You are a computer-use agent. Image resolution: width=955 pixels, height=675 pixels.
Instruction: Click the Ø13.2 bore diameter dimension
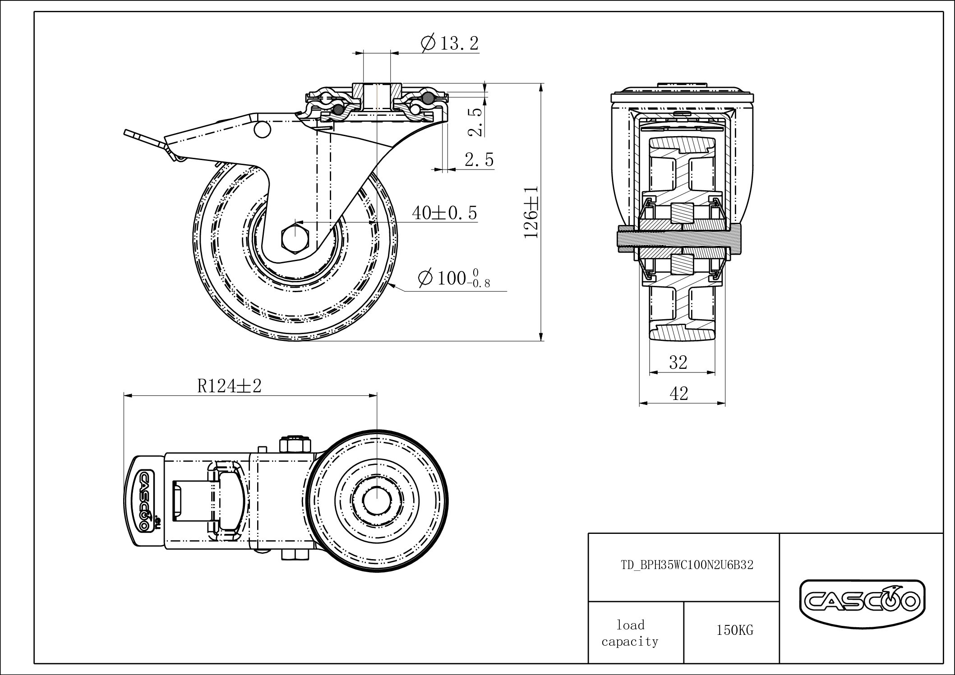[x=449, y=44]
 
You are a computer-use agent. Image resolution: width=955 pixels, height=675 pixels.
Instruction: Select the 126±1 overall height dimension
[x=532, y=212]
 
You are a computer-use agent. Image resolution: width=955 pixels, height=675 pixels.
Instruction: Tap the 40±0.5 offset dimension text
[x=444, y=213]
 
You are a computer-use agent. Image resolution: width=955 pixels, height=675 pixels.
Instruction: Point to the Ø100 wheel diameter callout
[x=453, y=278]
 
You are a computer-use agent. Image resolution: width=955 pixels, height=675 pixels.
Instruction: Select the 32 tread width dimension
[x=678, y=362]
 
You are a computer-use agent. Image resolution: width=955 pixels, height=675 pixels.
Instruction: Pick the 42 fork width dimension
[x=679, y=394]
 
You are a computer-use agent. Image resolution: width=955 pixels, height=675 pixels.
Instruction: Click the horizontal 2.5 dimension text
[x=479, y=160]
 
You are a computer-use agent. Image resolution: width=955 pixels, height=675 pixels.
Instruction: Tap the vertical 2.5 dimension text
[x=476, y=122]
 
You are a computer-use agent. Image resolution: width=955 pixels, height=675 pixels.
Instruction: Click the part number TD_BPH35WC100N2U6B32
[x=687, y=565]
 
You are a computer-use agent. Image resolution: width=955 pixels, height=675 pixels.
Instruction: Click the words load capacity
[x=630, y=633]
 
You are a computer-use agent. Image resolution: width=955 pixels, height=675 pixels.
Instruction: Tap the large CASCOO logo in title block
[x=862, y=601]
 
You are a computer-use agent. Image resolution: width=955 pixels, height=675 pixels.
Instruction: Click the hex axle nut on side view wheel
[x=294, y=236]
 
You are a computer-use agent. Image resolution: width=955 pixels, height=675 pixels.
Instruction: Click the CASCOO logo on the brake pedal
[x=144, y=501]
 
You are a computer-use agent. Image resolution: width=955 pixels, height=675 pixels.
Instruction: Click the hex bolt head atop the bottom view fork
[x=295, y=445]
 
